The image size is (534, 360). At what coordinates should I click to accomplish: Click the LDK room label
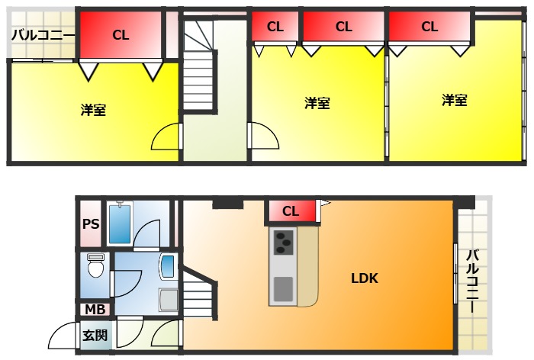tap(364, 278)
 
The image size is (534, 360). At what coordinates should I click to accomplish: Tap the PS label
tap(91, 224)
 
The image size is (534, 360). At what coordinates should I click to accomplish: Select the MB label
tap(95, 310)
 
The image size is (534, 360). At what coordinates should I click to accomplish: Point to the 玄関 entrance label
tap(95, 334)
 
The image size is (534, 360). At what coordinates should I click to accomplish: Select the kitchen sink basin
tap(283, 289)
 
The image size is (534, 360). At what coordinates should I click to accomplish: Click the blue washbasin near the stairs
tap(168, 267)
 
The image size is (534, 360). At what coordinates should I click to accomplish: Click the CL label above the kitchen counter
tap(291, 211)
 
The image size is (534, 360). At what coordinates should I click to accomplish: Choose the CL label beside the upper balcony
tap(121, 34)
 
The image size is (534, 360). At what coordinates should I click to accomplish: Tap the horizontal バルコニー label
tap(43, 34)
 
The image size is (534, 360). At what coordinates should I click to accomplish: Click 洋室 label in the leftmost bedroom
tap(93, 110)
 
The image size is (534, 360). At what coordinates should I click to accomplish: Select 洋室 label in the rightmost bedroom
tap(454, 100)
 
